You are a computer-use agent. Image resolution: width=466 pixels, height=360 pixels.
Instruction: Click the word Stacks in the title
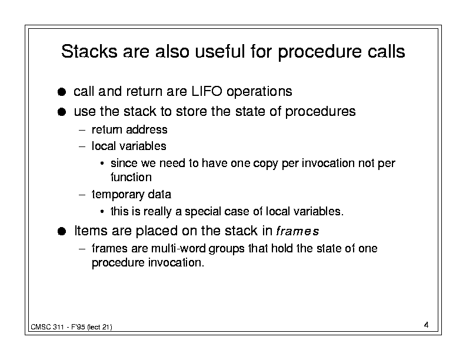89,51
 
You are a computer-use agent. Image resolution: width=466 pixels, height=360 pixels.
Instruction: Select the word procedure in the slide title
320,52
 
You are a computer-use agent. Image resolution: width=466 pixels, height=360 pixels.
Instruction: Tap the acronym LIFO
207,91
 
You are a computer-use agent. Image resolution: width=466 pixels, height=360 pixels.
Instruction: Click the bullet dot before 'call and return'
62,92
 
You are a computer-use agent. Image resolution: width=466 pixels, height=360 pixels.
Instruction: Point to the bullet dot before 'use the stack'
62,112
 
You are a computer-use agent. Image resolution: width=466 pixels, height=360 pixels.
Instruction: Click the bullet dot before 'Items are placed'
62,231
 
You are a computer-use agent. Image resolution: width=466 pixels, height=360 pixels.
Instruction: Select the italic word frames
298,231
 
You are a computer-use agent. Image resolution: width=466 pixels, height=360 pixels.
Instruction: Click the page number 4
426,325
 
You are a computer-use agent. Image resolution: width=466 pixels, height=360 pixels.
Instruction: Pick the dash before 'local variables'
82,146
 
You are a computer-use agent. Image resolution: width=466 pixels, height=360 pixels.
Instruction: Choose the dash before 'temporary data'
82,195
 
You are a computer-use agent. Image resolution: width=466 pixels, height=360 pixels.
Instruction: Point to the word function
131,177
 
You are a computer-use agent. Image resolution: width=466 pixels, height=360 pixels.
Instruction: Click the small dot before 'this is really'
102,212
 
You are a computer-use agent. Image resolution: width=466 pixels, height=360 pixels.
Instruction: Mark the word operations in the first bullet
259,92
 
